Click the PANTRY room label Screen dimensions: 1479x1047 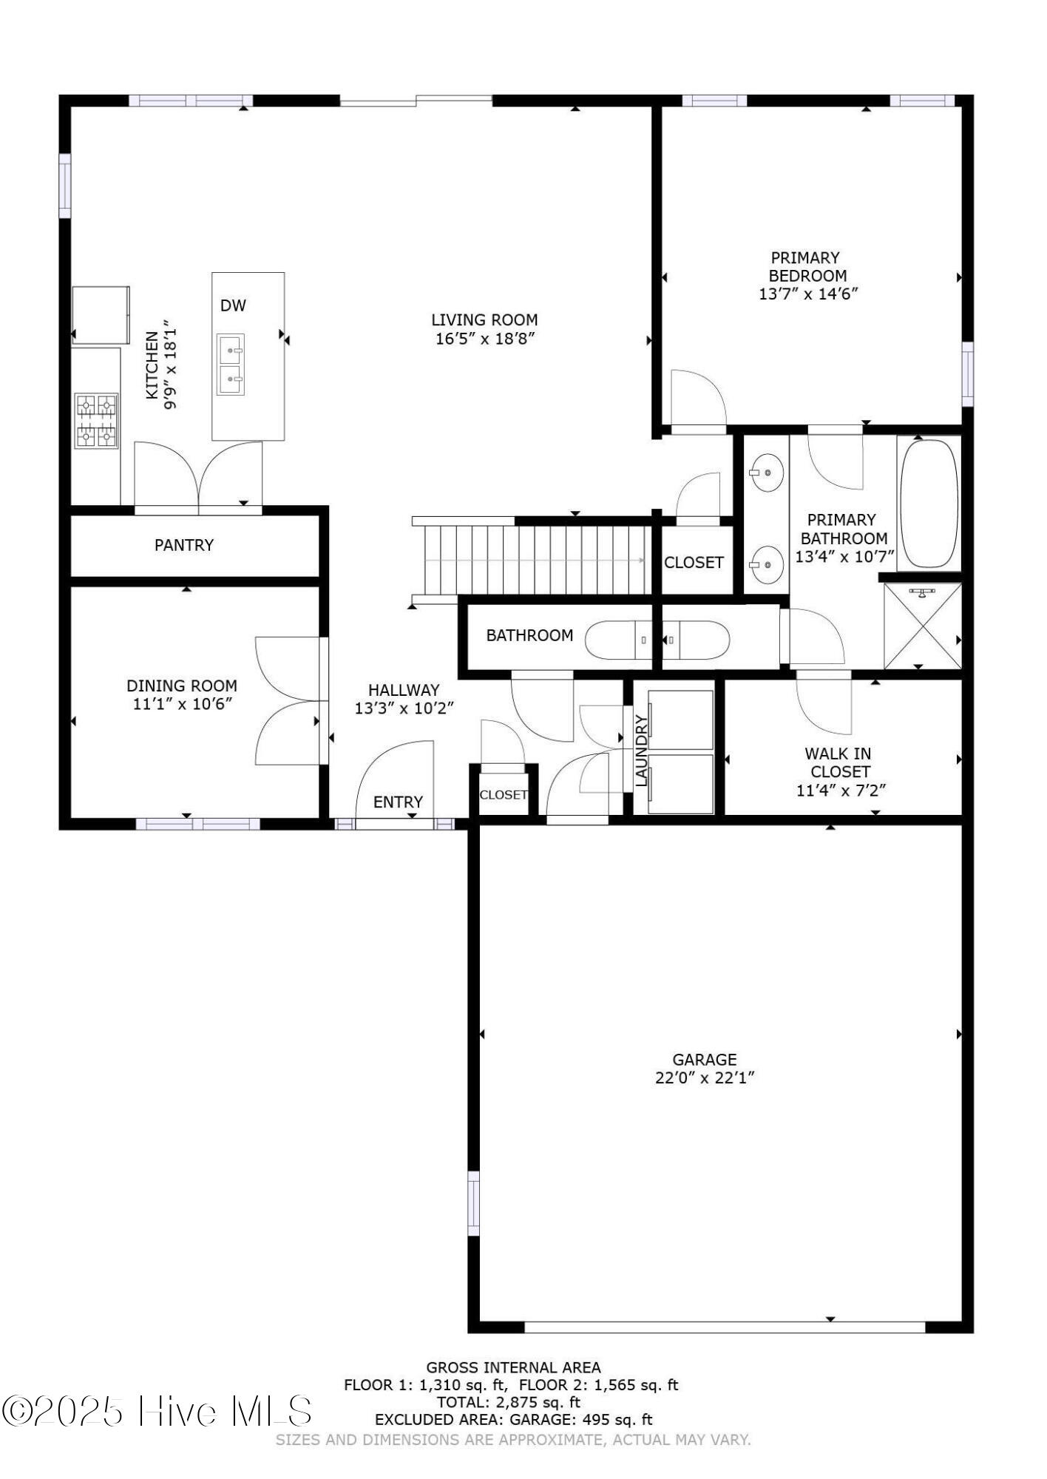[183, 545]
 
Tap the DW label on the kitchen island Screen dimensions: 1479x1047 [233, 305]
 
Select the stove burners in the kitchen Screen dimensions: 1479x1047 [97, 421]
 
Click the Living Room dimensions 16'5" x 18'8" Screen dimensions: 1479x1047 [484, 339]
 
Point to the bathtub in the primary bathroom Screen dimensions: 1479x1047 [929, 504]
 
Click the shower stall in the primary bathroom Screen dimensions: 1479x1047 [922, 626]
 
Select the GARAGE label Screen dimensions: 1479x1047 [704, 1059]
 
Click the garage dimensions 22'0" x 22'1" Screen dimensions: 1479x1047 [704, 1077]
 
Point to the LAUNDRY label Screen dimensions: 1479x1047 [641, 750]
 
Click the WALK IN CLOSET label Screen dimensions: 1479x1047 [839, 762]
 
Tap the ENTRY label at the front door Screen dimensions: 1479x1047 [398, 802]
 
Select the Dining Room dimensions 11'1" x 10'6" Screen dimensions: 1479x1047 [183, 704]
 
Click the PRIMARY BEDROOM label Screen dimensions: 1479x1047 [806, 267]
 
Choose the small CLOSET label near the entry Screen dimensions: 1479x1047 [504, 795]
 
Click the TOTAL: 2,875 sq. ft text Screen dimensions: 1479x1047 [509, 1401]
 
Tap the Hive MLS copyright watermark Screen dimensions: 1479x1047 [157, 1411]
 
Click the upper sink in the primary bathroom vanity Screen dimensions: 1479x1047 [767, 473]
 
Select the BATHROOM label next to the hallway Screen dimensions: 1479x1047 [529, 635]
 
